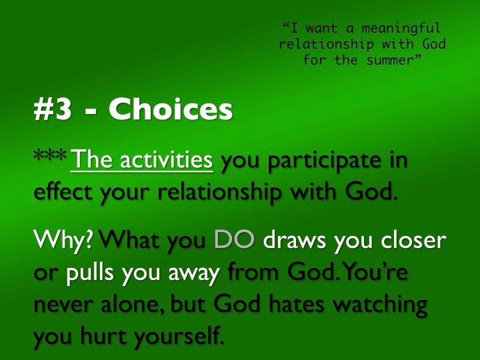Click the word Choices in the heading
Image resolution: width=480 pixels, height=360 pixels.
coord(171,109)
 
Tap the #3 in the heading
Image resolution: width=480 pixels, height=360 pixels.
coord(53,109)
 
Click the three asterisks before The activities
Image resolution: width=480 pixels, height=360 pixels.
coord(50,155)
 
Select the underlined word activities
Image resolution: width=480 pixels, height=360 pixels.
coord(166,159)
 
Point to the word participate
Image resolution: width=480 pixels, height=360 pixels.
coord(325,161)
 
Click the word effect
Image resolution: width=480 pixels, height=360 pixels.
coord(63,191)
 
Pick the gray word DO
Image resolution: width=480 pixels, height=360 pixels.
coord(235,239)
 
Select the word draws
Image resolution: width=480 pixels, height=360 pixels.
coord(295,240)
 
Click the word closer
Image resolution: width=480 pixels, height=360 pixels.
coord(413,240)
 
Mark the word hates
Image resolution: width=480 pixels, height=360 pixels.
coord(297,304)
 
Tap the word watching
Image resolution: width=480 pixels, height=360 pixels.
coord(380,305)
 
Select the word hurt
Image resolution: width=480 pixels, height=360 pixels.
coord(103,335)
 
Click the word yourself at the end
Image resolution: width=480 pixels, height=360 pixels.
coord(179,337)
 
